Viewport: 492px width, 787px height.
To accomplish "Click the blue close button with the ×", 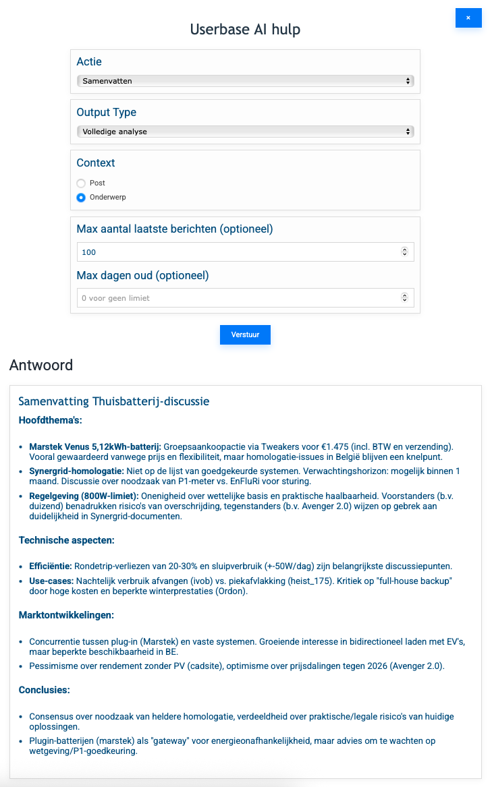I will pyautogui.click(x=468, y=18).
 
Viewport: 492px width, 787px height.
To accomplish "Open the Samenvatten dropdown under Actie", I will pyautogui.click(x=245, y=81).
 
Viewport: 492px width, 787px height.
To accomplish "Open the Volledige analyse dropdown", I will pyautogui.click(x=245, y=132).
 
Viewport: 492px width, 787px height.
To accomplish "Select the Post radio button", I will pyautogui.click(x=81, y=183).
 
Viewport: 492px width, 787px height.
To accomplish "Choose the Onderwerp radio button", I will pyautogui.click(x=81, y=198).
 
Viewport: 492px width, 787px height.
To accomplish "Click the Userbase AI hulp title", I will pyautogui.click(x=245, y=30).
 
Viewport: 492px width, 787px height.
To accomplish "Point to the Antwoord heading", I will pyautogui.click(x=41, y=366).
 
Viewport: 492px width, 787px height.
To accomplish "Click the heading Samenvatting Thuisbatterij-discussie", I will pyautogui.click(x=114, y=401).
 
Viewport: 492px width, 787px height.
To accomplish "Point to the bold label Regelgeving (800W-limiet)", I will pyautogui.click(x=84, y=496).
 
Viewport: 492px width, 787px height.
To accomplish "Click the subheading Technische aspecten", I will pyautogui.click(x=67, y=540).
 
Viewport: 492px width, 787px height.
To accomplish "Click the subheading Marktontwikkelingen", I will pyautogui.click(x=66, y=615).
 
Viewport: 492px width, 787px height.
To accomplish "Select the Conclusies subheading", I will pyautogui.click(x=44, y=690).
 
